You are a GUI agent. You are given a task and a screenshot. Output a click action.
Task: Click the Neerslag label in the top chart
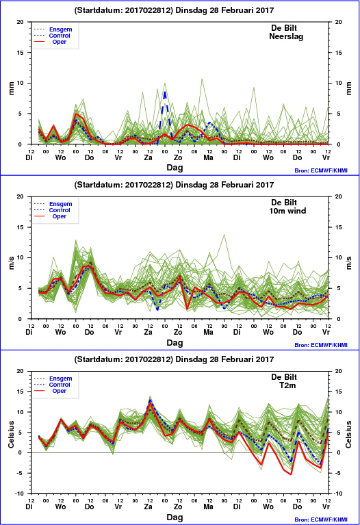point(286,36)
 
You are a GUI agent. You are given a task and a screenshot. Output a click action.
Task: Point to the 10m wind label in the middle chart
point(287,211)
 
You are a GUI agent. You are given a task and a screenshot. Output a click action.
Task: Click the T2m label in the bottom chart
point(287,385)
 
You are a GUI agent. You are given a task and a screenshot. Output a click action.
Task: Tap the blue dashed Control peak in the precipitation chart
point(165,92)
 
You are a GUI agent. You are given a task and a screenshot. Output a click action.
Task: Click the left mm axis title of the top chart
point(12,88)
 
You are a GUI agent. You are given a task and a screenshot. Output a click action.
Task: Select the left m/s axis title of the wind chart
point(12,263)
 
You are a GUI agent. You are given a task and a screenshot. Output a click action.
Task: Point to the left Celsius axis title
point(12,434)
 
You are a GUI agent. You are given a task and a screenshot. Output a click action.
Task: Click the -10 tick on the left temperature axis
point(20,494)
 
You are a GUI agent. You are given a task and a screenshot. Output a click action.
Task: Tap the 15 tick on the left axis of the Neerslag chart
point(21,53)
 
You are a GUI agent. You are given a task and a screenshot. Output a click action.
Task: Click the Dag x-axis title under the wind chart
point(175,342)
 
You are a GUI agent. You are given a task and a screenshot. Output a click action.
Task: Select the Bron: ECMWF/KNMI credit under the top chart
point(321,170)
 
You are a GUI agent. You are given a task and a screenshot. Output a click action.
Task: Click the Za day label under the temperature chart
point(148,507)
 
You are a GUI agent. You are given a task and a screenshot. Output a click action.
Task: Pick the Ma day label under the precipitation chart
point(208,157)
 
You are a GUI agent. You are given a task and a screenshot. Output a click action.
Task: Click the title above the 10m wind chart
point(174,185)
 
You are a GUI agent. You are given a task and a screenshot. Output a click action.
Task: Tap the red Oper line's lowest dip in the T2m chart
point(291,474)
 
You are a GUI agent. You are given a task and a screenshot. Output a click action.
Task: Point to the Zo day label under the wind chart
point(178,332)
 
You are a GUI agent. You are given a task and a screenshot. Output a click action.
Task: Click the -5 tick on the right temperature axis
point(338,473)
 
